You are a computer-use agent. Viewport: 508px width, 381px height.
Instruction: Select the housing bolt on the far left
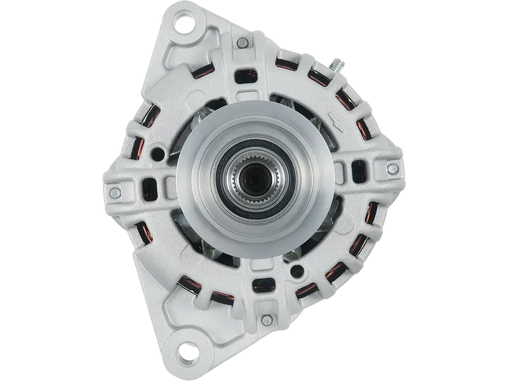(x=115, y=193)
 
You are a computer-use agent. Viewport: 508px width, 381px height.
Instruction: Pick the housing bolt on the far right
(x=393, y=168)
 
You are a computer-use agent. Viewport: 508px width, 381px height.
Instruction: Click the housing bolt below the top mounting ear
(x=242, y=43)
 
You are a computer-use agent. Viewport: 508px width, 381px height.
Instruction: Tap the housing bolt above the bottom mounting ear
(x=267, y=321)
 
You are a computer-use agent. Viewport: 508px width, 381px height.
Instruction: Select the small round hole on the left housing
(x=156, y=154)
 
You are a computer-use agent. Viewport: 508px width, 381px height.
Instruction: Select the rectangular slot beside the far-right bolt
(x=359, y=170)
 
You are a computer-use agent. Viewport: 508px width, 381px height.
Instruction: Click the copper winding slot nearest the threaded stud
(x=316, y=77)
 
